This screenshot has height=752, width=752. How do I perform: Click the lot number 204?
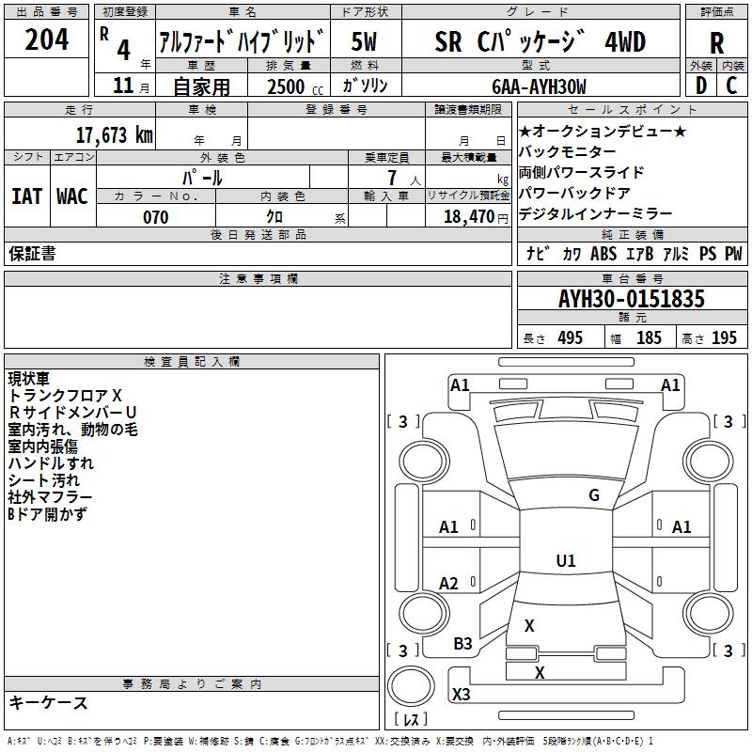(x=46, y=39)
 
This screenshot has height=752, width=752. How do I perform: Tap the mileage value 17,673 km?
(x=114, y=135)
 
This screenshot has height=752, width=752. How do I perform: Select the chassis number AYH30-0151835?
(x=632, y=298)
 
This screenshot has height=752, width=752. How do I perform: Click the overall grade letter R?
(x=716, y=43)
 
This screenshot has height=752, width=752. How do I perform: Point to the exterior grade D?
(x=701, y=86)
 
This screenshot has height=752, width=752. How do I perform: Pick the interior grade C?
(x=731, y=86)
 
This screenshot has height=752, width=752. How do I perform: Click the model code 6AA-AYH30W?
(x=539, y=86)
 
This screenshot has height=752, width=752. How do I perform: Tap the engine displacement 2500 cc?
(x=295, y=86)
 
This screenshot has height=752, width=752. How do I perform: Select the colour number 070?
(x=156, y=217)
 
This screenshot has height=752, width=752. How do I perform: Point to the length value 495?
(x=571, y=338)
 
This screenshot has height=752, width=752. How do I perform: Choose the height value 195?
(x=724, y=338)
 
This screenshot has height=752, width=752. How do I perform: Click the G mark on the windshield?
(x=594, y=495)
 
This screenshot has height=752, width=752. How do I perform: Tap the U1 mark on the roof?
(x=566, y=560)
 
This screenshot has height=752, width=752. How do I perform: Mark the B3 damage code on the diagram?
(x=462, y=644)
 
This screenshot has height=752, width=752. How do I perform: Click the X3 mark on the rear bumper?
(x=462, y=695)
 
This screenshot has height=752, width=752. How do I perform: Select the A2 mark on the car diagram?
(x=448, y=584)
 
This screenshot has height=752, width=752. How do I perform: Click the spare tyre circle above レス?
(x=411, y=686)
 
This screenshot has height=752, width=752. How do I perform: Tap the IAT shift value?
(x=27, y=196)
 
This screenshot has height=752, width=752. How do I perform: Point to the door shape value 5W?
(x=364, y=42)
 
